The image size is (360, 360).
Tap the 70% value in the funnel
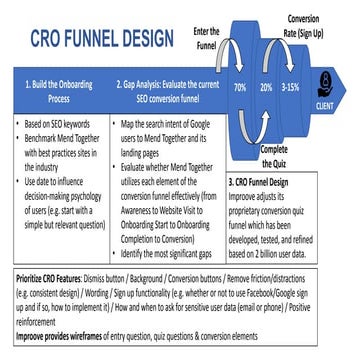point(240,88)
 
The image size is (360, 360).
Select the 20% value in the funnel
point(267,88)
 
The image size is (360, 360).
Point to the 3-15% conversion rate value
point(290,88)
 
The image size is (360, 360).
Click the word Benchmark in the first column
point(42,133)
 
